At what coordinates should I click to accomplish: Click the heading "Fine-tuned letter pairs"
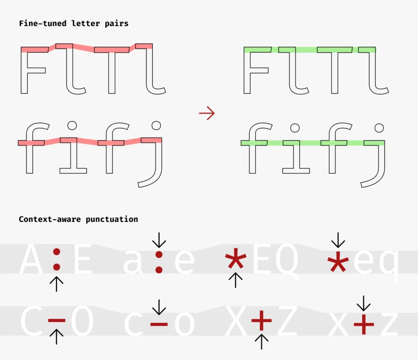tap(74, 23)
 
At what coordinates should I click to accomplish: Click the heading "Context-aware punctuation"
tap(78, 219)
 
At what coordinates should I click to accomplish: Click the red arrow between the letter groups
tap(207, 113)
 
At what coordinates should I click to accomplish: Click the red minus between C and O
tap(57, 320)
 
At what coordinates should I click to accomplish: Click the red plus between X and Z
tap(262, 320)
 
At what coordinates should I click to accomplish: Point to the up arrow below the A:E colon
tap(57, 283)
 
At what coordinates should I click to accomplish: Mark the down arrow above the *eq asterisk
tap(338, 240)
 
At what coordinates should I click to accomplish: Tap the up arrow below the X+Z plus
tap(262, 341)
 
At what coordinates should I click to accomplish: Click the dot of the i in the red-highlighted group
tap(72, 125)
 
